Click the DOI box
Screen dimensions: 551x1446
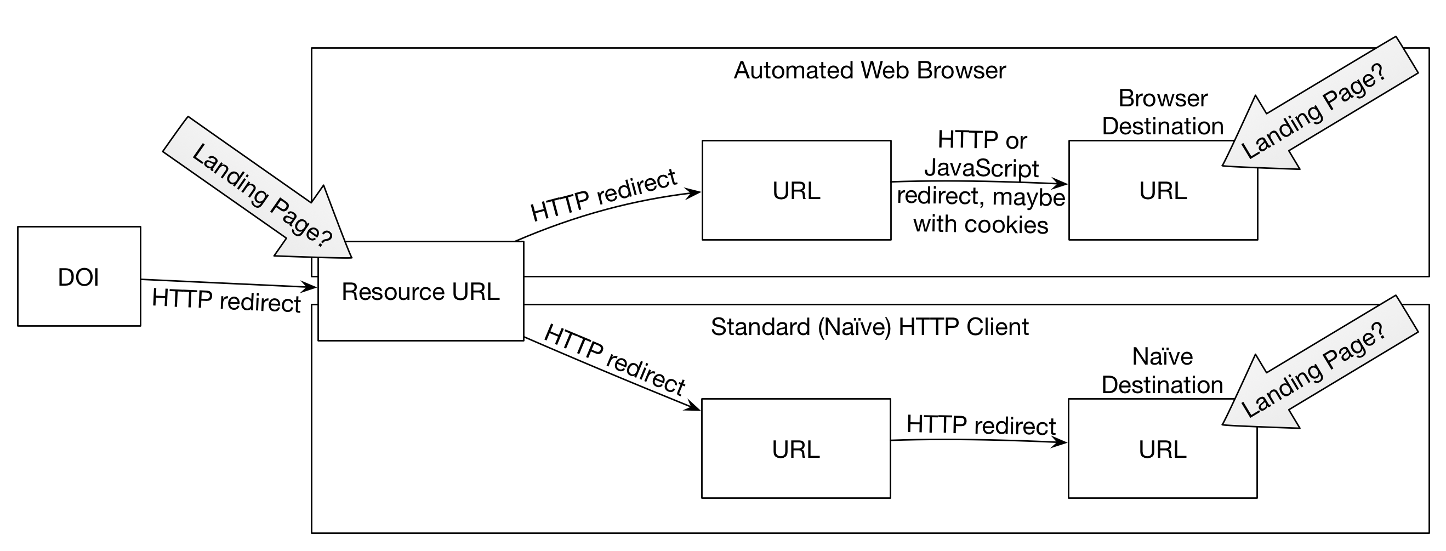(78, 276)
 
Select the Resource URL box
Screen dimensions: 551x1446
(420, 291)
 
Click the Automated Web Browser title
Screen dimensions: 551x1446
(869, 71)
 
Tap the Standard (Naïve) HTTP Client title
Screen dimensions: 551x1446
(869, 327)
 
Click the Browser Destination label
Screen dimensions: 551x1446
(1163, 112)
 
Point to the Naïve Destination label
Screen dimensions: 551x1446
(1162, 371)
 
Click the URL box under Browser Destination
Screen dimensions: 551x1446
(1163, 190)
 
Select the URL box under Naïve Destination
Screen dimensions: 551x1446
(1162, 449)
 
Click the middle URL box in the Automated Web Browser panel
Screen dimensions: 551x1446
(796, 190)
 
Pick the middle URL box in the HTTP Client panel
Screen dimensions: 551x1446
(795, 449)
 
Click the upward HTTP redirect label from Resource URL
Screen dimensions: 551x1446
(604, 196)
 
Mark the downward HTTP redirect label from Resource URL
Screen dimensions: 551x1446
(614, 360)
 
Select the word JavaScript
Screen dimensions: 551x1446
(981, 168)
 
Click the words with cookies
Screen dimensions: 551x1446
(981, 224)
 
